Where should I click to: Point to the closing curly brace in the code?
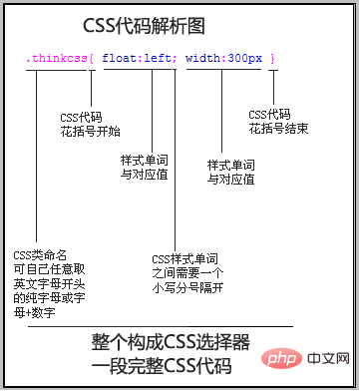(271, 59)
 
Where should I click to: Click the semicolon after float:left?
(175, 59)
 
